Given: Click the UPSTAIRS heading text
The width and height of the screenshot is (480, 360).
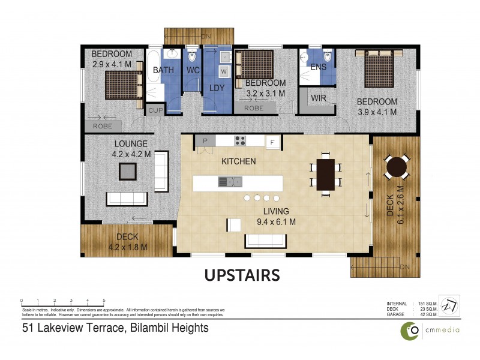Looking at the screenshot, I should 242,275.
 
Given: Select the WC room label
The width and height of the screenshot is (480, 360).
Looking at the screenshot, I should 193,70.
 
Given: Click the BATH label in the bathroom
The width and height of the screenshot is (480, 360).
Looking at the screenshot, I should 163,70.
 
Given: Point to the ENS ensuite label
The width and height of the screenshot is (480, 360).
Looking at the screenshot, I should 319,67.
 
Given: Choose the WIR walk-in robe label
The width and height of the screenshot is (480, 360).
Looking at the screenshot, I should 318,97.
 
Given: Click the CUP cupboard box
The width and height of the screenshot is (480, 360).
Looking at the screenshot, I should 155,110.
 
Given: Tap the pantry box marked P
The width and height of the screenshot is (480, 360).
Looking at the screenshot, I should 205,142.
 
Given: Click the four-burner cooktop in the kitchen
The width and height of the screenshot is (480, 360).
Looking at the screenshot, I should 240,142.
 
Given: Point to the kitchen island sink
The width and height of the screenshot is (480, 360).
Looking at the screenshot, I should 230,181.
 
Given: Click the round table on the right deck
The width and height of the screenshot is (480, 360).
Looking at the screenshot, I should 396,167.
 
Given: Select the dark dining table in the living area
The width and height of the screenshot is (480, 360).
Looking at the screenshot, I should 326,174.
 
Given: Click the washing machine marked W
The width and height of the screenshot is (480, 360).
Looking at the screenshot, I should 224,71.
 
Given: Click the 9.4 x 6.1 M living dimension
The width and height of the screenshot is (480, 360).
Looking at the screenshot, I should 276,221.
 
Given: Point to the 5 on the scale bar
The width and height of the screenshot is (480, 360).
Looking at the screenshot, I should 104,300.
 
